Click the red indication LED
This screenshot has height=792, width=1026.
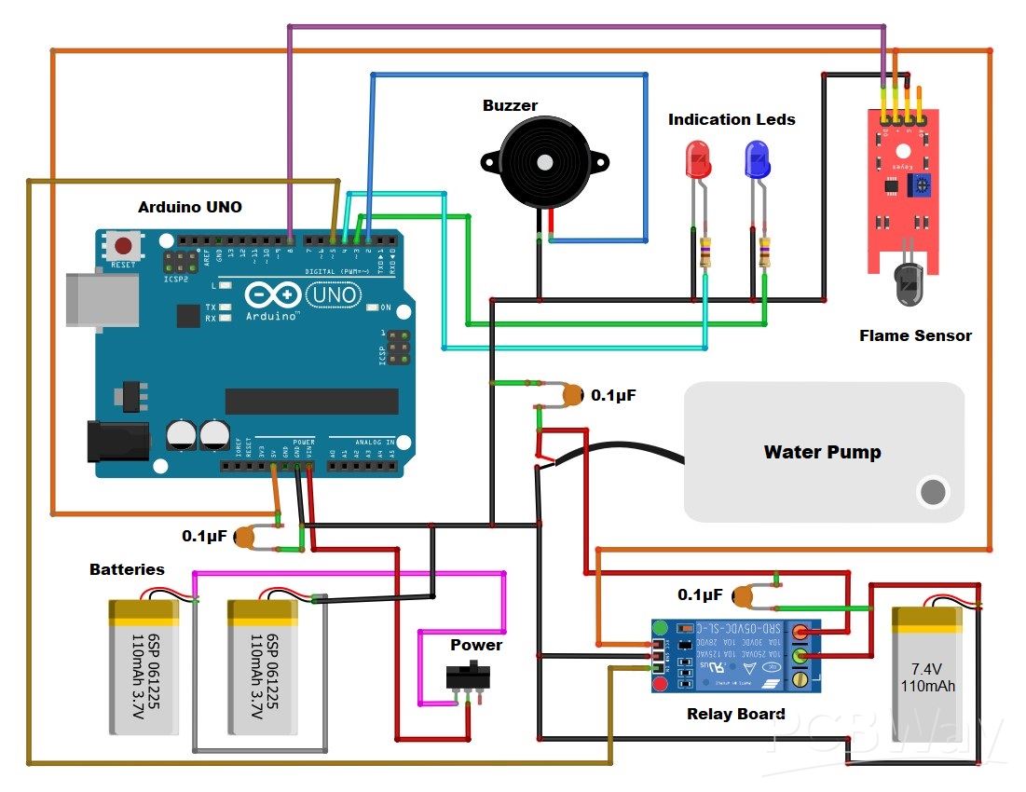point(697,160)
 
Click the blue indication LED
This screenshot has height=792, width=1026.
point(756,160)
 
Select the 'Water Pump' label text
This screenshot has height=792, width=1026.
point(822,452)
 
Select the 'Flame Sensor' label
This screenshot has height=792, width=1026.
point(914,335)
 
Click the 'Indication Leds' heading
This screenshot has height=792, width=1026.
point(732,119)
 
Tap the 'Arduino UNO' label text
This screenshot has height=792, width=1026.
point(189,207)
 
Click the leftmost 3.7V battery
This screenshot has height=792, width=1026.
point(144,666)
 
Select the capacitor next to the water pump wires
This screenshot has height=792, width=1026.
point(570,397)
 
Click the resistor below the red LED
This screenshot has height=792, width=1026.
point(706,253)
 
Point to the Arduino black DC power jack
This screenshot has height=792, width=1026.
point(117,441)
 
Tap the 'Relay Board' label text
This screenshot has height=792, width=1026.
point(735,714)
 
